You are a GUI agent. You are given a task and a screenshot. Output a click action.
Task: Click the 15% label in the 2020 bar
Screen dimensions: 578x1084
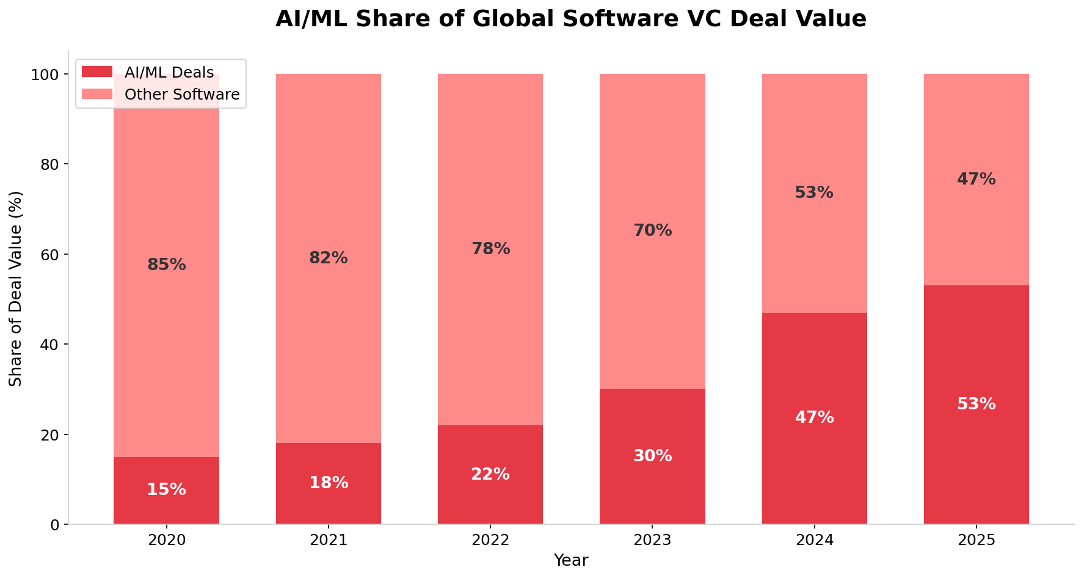tap(166, 490)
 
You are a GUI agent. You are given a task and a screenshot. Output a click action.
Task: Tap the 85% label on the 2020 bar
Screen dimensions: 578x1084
tap(166, 265)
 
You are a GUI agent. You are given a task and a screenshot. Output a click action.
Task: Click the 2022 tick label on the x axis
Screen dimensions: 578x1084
tap(490, 541)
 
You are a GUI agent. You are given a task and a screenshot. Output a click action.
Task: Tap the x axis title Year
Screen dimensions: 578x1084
tap(570, 561)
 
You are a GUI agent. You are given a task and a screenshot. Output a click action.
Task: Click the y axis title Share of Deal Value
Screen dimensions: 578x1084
tap(16, 288)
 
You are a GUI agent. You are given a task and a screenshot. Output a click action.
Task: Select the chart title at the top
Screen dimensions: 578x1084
tap(570, 19)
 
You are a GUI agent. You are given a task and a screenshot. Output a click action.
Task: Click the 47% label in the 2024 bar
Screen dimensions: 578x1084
tap(814, 418)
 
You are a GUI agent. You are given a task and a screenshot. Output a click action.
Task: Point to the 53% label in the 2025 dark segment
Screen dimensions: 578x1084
tap(976, 404)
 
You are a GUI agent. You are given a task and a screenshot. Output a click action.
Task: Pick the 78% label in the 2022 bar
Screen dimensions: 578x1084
tap(490, 249)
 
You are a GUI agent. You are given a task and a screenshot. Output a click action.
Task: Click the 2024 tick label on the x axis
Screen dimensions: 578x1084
tap(814, 541)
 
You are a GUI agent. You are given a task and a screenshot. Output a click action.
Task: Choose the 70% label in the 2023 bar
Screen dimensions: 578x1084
tap(652, 231)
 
